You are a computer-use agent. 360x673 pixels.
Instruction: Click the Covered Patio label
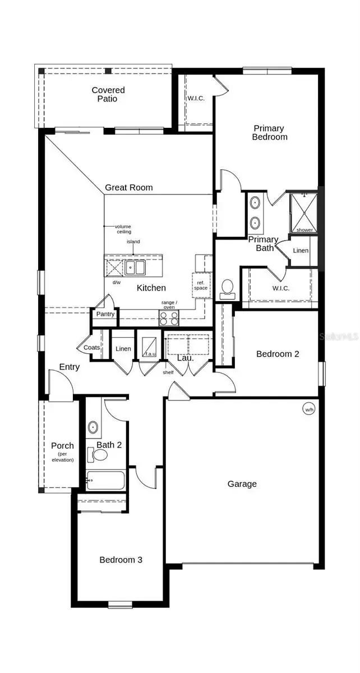pos(108,94)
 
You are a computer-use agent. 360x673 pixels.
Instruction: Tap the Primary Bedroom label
pos(269,132)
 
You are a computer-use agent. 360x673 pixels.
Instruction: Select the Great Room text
pos(128,187)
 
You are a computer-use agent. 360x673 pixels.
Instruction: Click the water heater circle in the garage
pos(309,409)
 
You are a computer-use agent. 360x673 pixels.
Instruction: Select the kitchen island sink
pos(135,267)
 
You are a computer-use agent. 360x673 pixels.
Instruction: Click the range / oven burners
pos(169,318)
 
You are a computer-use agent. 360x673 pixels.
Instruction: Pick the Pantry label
pos(105,314)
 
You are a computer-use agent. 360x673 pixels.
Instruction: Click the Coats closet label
pos(91,348)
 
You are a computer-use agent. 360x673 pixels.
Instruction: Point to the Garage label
pos(242,483)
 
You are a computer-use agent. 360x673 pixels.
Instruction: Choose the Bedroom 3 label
pos(121,559)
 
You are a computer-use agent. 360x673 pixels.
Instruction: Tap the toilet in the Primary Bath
pos(228,287)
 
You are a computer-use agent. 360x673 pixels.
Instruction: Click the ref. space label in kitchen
pos(201,284)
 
